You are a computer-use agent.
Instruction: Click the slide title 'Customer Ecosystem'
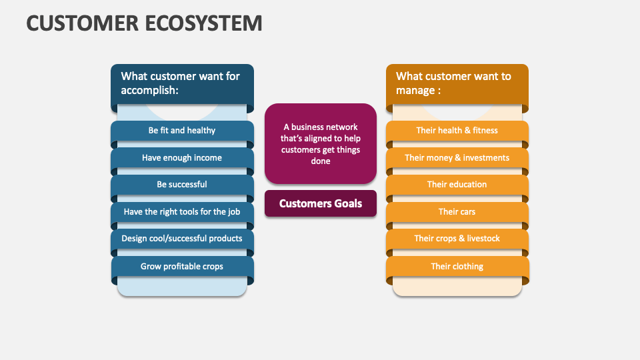(x=144, y=23)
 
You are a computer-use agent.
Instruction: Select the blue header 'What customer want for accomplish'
(x=182, y=84)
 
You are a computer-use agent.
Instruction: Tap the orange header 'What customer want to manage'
(x=457, y=84)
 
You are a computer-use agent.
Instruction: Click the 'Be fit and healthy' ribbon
(x=182, y=131)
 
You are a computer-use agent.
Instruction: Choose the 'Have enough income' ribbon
(x=182, y=158)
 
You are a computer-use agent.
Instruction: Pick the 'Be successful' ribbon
(x=182, y=185)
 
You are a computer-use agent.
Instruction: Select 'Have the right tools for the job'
(x=182, y=212)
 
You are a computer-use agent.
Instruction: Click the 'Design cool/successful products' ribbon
(x=182, y=239)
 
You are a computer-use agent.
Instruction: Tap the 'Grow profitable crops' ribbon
(x=182, y=267)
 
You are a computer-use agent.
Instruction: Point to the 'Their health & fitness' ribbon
(x=457, y=131)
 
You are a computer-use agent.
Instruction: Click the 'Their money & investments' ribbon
(x=457, y=158)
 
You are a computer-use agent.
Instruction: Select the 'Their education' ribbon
(x=457, y=185)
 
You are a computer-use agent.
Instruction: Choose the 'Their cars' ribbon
(x=457, y=212)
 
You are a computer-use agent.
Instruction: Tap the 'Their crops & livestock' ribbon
(x=457, y=239)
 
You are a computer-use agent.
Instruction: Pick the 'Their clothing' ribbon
(x=457, y=267)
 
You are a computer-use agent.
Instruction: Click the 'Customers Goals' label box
(x=321, y=204)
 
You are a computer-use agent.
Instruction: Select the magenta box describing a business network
(x=321, y=143)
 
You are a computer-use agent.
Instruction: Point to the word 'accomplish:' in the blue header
(x=150, y=91)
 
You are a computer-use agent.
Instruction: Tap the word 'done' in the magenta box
(x=321, y=161)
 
